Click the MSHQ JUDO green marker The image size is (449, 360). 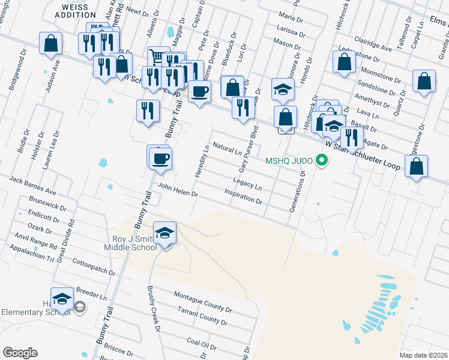[322, 160]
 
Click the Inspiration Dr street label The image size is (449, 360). [243, 196]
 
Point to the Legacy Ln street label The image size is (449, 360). [248, 184]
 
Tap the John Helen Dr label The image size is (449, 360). [178, 190]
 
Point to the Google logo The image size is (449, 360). [20, 352]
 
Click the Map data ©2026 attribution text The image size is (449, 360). [423, 355]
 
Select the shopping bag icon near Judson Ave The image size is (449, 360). [51, 44]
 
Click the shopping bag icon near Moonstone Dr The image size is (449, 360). [345, 62]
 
